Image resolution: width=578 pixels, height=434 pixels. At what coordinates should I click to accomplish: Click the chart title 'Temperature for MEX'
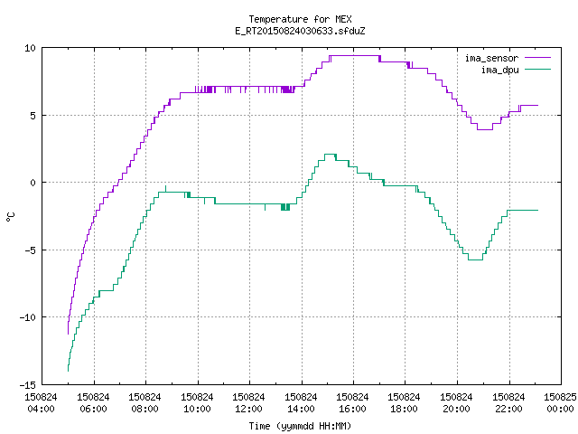tap(300, 19)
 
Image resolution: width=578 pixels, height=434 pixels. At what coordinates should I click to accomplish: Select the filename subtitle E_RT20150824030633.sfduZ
tap(300, 31)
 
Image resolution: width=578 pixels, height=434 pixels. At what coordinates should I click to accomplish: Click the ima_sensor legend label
tap(491, 58)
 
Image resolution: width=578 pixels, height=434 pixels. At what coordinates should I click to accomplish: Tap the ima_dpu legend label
tap(499, 70)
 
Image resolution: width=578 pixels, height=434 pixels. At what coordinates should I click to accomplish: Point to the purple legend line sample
tap(538, 58)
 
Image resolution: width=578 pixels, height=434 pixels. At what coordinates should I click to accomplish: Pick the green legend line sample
tap(538, 70)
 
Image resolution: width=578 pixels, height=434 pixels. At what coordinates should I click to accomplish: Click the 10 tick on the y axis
tap(30, 48)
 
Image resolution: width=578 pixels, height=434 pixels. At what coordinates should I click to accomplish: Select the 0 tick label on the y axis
tap(33, 183)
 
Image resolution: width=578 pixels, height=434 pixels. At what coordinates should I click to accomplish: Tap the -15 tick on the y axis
tap(28, 385)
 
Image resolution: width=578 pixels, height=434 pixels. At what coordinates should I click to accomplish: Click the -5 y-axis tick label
tap(30, 250)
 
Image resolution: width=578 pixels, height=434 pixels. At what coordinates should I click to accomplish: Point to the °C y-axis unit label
tap(10, 217)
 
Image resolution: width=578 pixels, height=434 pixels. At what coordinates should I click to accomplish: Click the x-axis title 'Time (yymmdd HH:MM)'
tap(300, 426)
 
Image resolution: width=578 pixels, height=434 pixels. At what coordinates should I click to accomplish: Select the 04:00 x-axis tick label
tap(41, 409)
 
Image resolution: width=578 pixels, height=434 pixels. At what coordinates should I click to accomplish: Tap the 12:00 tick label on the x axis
tap(249, 409)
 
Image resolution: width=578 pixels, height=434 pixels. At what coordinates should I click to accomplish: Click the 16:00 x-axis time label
tap(353, 409)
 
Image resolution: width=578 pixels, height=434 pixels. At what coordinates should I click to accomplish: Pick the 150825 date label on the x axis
tap(560, 397)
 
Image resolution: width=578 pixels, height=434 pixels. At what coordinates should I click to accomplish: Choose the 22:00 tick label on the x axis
tap(508, 409)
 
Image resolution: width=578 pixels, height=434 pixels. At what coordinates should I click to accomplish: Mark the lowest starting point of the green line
tap(69, 371)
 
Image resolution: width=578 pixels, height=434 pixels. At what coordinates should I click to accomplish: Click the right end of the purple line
tap(538, 106)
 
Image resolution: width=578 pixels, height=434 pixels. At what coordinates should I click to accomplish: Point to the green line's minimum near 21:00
tap(475, 259)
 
